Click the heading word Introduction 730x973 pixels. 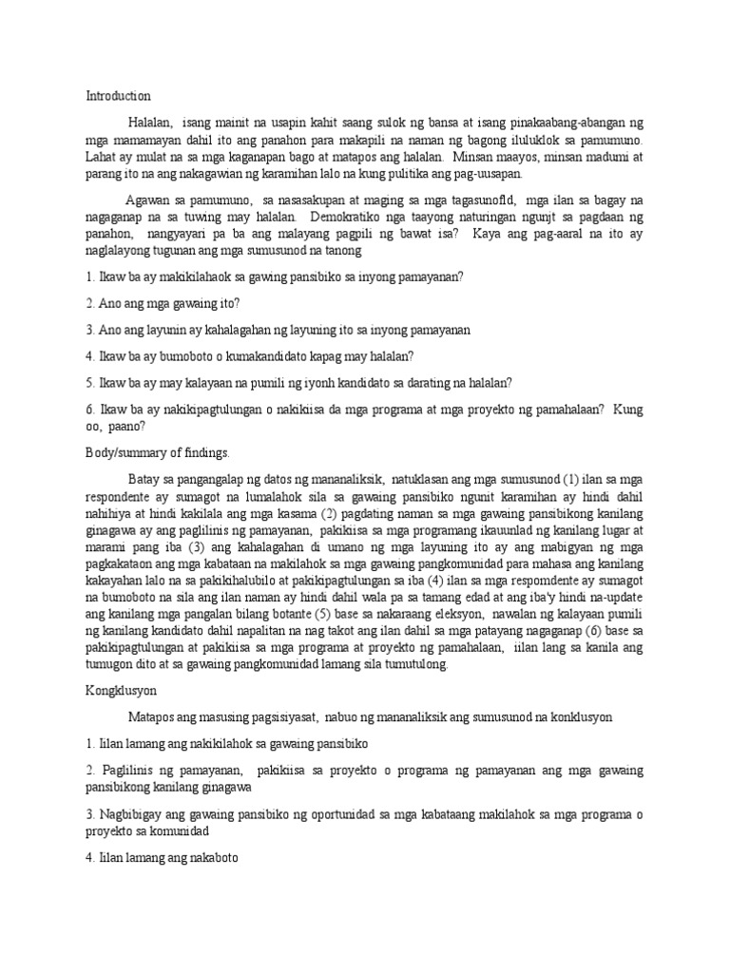click(x=118, y=96)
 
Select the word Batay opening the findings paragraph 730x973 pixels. click(x=145, y=479)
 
